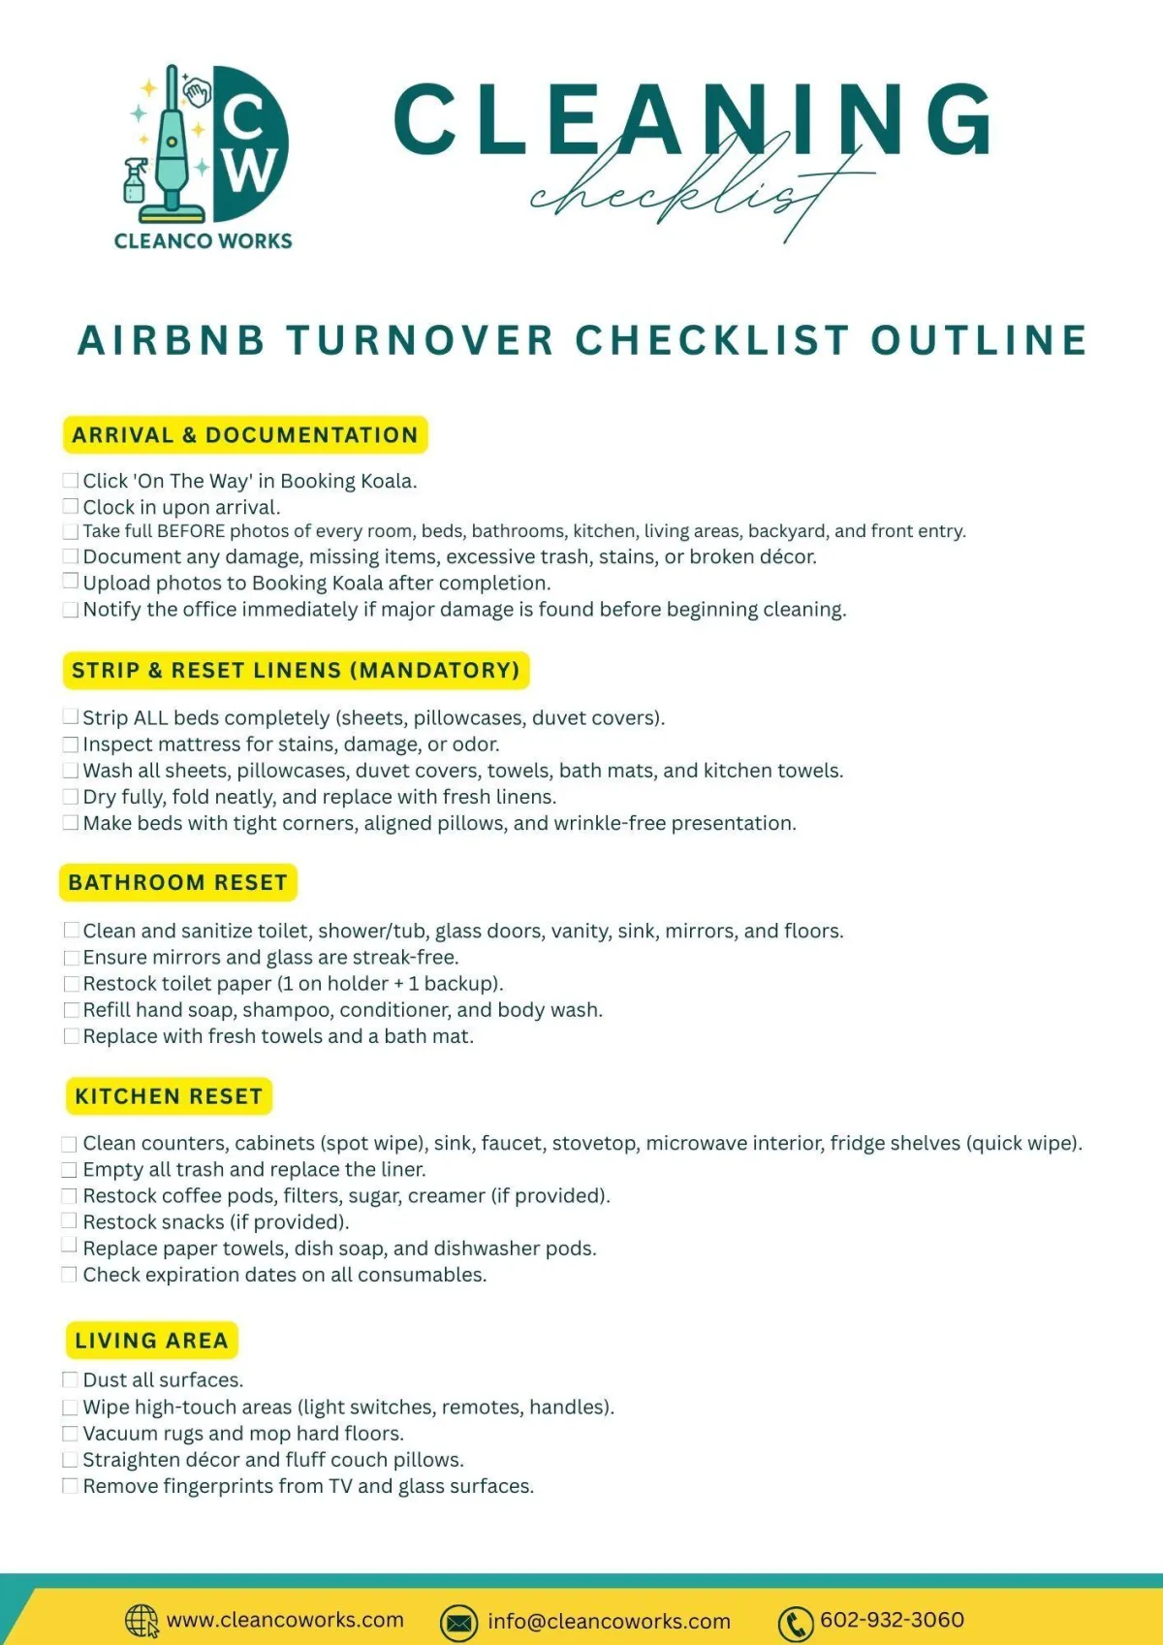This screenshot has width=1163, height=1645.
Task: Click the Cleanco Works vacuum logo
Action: click(x=204, y=145)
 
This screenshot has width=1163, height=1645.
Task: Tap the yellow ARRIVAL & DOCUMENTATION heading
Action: click(x=245, y=435)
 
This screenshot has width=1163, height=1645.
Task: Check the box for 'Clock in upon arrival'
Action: click(x=70, y=507)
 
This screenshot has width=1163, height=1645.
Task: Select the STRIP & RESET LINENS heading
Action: click(x=296, y=671)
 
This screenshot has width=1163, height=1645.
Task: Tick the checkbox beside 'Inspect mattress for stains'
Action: click(x=70, y=744)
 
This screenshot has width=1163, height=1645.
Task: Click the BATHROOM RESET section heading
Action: click(x=178, y=883)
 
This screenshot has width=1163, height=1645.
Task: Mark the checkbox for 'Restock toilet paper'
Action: click(x=71, y=984)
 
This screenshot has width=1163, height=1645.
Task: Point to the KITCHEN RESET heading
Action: click(x=169, y=1096)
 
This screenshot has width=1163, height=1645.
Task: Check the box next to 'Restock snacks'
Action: click(x=70, y=1221)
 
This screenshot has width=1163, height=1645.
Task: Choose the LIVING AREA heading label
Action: click(x=151, y=1341)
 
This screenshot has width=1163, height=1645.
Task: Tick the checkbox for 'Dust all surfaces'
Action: click(x=70, y=1379)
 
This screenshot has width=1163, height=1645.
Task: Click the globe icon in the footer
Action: click(x=141, y=1620)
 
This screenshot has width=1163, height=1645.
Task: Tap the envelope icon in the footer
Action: click(x=458, y=1622)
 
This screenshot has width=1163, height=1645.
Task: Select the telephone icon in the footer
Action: click(x=796, y=1623)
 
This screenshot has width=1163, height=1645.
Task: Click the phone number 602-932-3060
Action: click(x=892, y=1620)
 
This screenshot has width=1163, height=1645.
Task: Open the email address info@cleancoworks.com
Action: click(x=609, y=1622)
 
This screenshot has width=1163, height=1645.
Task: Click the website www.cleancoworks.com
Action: click(x=285, y=1620)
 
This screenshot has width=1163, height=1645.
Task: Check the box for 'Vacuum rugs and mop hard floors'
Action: click(x=70, y=1434)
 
